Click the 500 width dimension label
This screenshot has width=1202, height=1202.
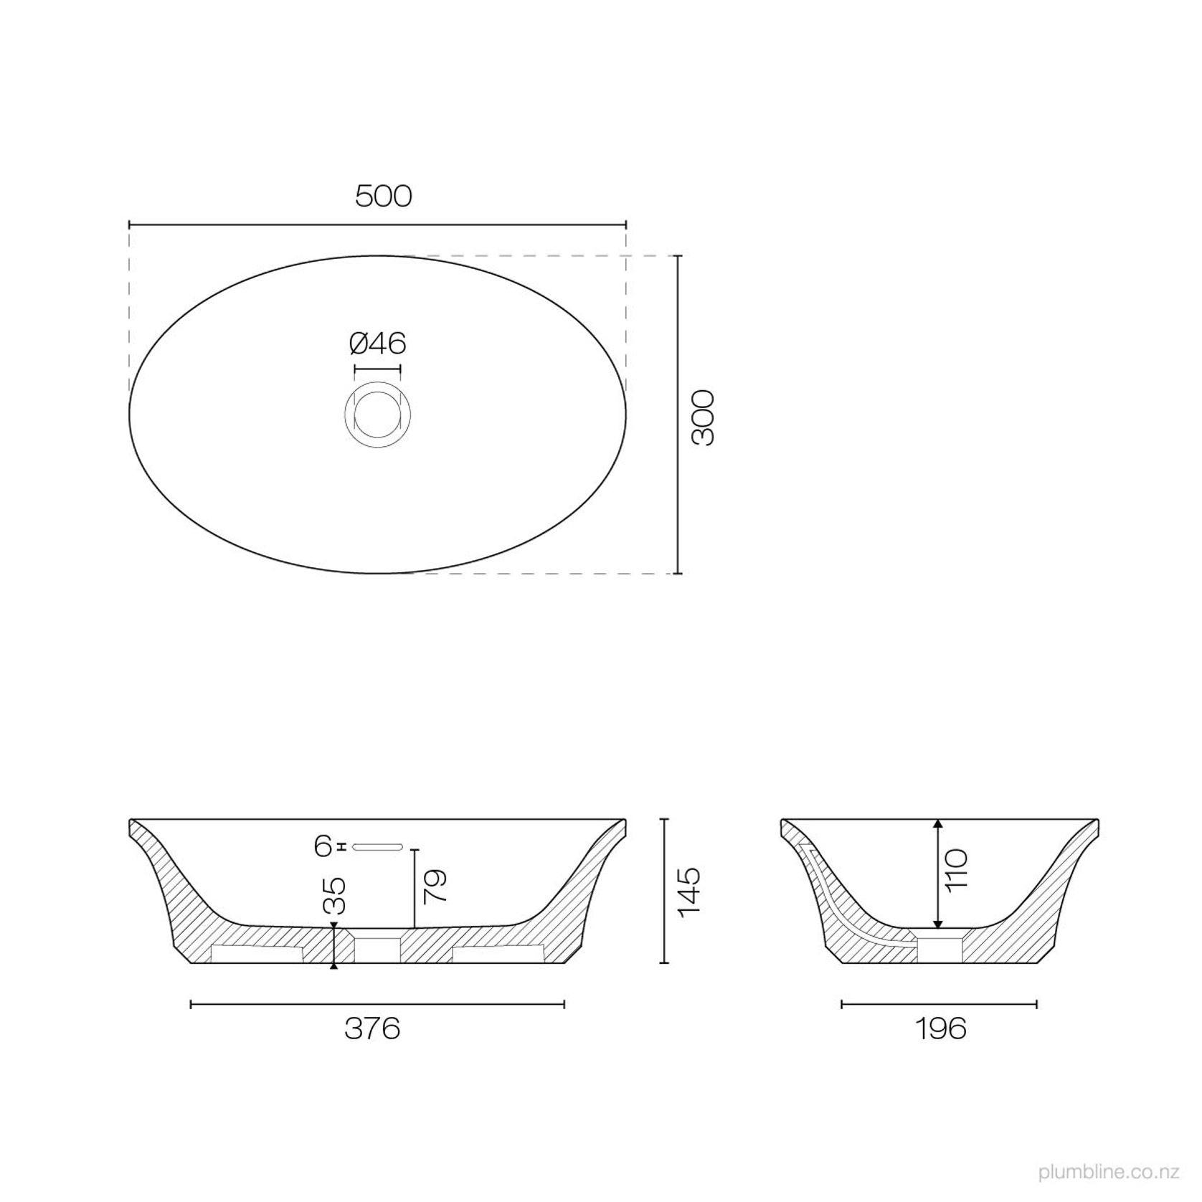click(384, 196)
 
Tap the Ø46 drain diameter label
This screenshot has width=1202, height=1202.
click(377, 344)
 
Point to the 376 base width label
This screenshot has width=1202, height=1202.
click(372, 1029)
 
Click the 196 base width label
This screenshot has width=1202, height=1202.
click(940, 1029)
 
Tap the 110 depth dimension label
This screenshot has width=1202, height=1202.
click(958, 869)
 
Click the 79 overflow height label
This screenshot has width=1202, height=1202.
click(436, 885)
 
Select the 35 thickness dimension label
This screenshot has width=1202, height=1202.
click(335, 896)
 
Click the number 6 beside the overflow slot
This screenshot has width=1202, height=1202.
click(323, 846)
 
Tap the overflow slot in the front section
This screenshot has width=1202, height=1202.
click(378, 846)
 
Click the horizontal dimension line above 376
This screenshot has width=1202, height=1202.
click(377, 1004)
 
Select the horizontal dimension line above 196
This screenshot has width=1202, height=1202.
click(939, 1004)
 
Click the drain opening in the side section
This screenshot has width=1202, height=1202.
click(939, 947)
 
